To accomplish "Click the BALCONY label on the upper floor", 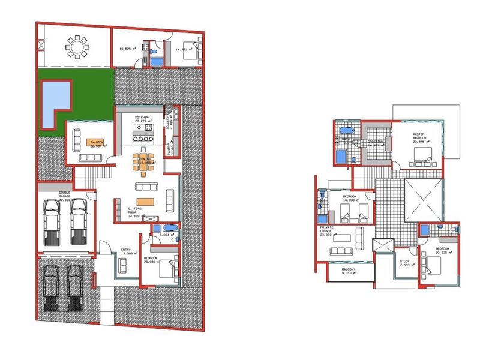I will click(349, 270).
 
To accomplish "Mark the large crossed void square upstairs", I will click(424, 199).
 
